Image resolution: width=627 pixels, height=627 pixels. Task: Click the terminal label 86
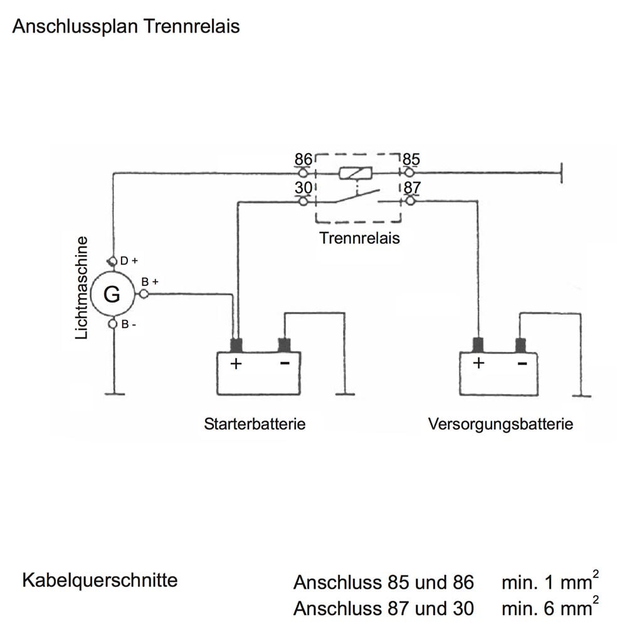coord(303,159)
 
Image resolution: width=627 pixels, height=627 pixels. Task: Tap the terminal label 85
coord(411,159)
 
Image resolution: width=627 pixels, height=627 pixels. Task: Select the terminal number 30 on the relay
coord(303,188)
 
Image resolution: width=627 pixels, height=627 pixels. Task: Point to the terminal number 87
coord(412,188)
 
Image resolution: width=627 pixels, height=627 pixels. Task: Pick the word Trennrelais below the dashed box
coord(359,238)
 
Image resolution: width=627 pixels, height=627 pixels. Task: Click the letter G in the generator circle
coord(112,293)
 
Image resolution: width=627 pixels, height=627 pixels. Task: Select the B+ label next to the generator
coord(150,282)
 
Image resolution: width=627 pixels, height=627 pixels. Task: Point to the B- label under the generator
coord(129,325)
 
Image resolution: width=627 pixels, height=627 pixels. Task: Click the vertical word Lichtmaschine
coord(82,288)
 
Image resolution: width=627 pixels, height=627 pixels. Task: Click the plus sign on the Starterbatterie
coord(236,364)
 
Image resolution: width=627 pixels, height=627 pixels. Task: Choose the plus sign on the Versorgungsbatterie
coord(478,363)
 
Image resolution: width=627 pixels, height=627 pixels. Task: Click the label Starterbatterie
coord(255,424)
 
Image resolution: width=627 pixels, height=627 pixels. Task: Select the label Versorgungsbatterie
coord(500,424)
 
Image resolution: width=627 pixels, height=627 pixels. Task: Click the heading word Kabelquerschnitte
coord(100,580)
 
